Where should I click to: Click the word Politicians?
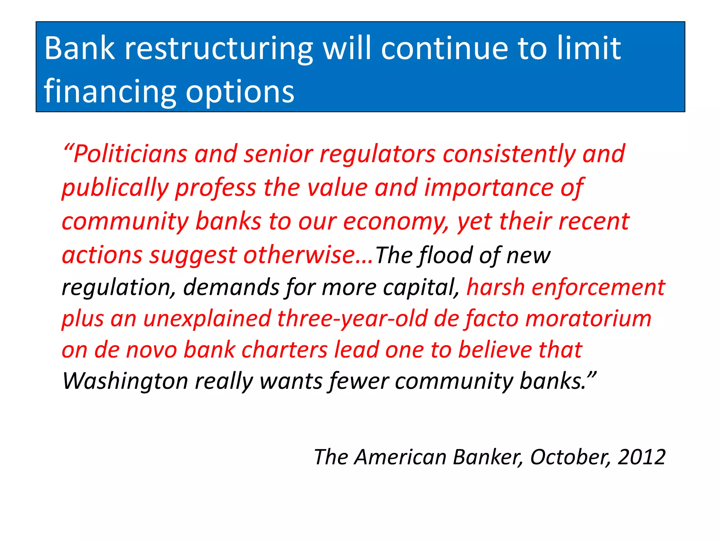tap(130, 154)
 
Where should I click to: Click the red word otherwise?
tap(299, 255)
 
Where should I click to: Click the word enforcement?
tap(598, 287)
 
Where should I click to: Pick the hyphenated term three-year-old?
tap(352, 319)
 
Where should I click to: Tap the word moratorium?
tap(588, 319)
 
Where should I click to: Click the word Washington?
tap(125, 381)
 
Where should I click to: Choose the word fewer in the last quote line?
tap(359, 381)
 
